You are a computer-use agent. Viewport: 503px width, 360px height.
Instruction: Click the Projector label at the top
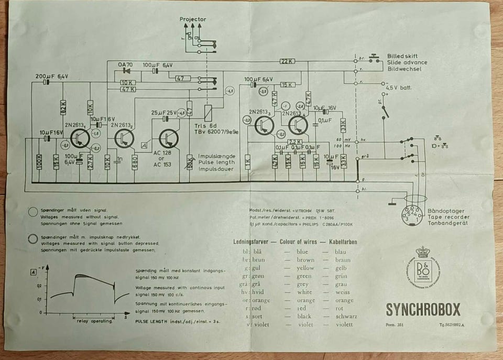point(193,19)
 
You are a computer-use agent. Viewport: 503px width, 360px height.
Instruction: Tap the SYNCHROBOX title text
point(423,310)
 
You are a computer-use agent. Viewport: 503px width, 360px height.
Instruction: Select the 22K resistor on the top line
point(287,61)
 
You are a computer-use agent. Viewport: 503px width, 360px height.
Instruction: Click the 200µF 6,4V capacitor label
point(52,77)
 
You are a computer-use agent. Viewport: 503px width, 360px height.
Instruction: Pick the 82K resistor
point(63,107)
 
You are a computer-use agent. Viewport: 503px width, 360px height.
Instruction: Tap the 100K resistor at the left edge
point(39,162)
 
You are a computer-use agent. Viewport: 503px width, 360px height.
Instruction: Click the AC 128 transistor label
point(163,153)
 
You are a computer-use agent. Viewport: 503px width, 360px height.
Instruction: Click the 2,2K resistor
point(295,142)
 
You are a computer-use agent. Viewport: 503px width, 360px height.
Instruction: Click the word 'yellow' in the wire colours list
point(305,268)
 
